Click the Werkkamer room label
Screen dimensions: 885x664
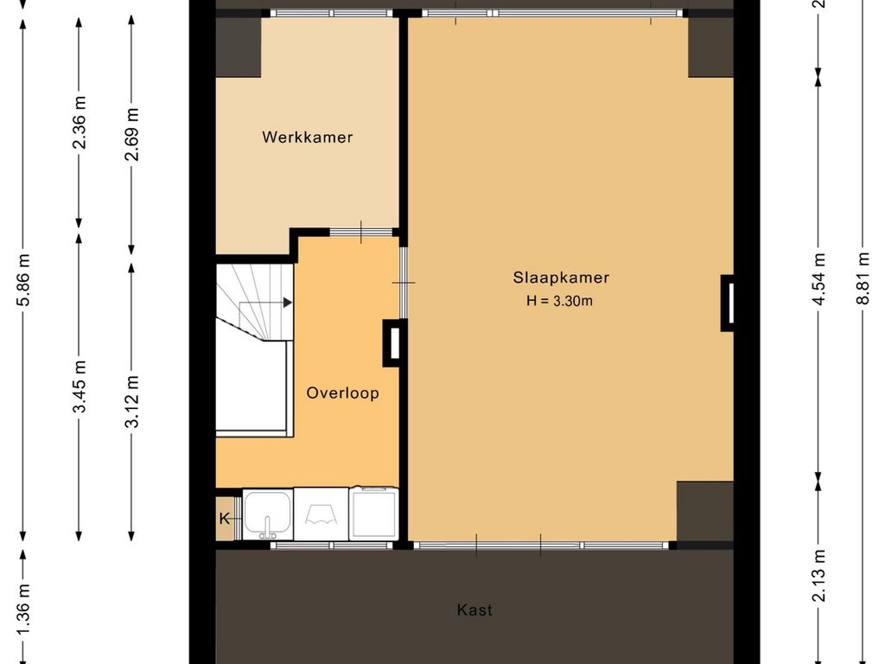(x=307, y=137)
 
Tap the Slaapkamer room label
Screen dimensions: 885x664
(x=561, y=278)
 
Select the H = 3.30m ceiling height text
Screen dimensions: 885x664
(x=559, y=301)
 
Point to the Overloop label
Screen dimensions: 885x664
(x=342, y=393)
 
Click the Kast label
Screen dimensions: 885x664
(x=474, y=610)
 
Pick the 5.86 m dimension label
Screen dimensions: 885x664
(x=23, y=281)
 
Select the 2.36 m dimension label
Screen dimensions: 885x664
(x=79, y=123)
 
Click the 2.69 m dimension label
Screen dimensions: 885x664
(x=131, y=134)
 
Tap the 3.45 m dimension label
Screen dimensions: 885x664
(x=79, y=386)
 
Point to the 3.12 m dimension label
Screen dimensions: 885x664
(x=131, y=401)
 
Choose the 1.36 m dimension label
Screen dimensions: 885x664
(x=23, y=610)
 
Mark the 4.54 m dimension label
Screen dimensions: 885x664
(x=818, y=279)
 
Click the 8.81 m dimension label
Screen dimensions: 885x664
(x=863, y=279)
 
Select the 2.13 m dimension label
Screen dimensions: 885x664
(x=818, y=575)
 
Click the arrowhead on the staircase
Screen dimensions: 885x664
(x=288, y=303)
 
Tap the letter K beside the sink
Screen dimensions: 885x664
(x=225, y=519)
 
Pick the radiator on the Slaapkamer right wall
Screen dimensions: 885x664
(x=728, y=303)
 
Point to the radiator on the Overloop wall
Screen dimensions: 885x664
(x=393, y=343)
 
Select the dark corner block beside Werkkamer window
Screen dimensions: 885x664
(x=239, y=47)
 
